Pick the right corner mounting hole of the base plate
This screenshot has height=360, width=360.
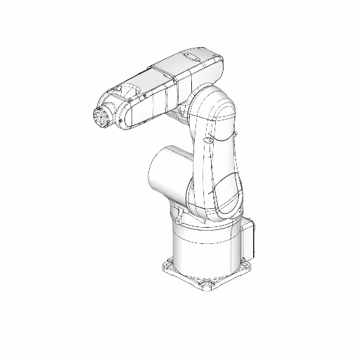point(248,264)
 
